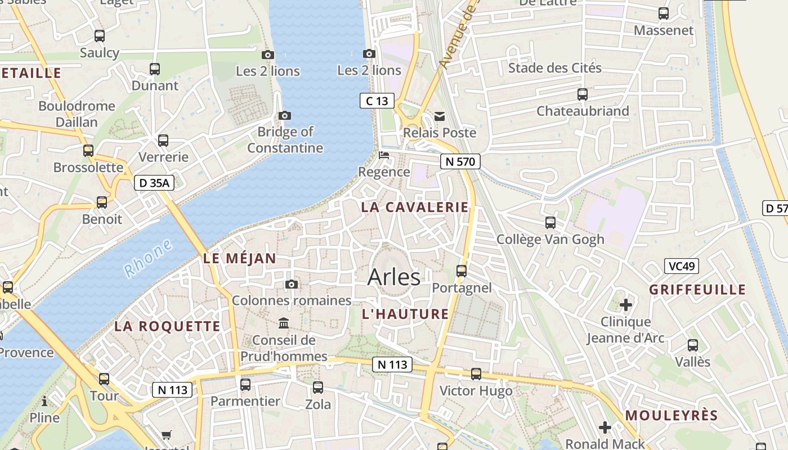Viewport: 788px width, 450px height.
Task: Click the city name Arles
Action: tap(393, 277)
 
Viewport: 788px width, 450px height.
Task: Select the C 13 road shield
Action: tap(377, 101)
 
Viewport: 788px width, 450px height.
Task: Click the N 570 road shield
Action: tap(460, 162)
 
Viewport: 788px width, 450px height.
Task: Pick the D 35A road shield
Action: tap(154, 183)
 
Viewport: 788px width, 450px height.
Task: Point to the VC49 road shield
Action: tap(681, 266)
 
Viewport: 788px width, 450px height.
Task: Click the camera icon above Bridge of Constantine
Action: tap(285, 116)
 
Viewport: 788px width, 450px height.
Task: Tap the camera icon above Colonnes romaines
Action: tap(291, 285)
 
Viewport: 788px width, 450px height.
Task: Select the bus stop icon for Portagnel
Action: tap(462, 271)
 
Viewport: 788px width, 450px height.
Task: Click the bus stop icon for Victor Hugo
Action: tap(476, 374)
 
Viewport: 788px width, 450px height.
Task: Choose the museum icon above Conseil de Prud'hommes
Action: tap(284, 323)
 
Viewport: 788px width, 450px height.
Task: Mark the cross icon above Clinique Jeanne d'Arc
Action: tap(625, 305)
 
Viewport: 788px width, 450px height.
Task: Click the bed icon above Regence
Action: tap(384, 155)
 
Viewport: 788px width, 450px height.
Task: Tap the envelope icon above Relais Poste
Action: tap(440, 116)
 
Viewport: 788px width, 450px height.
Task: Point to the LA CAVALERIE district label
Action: tap(415, 207)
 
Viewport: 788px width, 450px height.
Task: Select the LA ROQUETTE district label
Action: tap(167, 326)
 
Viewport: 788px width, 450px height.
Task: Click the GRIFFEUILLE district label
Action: tap(697, 290)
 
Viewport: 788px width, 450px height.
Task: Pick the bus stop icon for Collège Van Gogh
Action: tap(550, 223)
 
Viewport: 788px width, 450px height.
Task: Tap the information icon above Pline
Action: tap(44, 402)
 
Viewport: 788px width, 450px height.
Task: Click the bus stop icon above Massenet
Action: tap(664, 13)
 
